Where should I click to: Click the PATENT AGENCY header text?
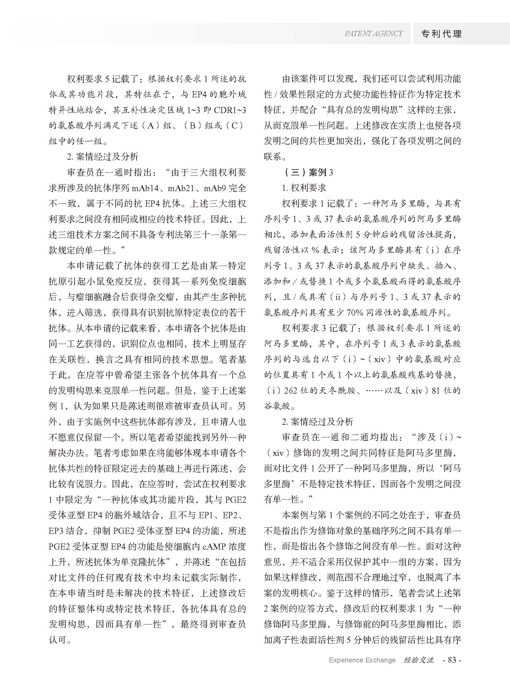click(373, 34)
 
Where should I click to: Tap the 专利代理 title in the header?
click(442, 34)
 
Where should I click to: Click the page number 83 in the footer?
click(452, 660)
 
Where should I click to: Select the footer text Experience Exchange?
click(362, 660)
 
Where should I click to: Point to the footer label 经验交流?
click(419, 660)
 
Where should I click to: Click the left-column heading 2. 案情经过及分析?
click(103, 157)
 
